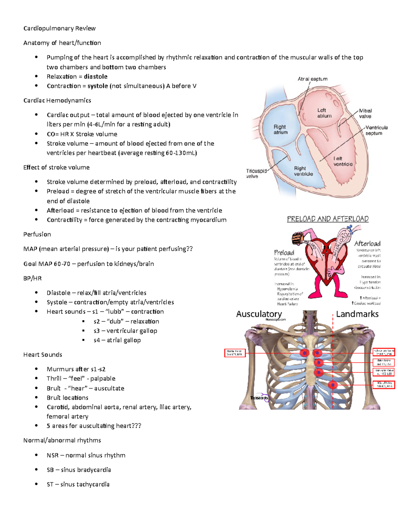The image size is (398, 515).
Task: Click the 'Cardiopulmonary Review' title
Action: tap(59, 29)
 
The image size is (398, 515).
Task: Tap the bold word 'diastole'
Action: tap(96, 77)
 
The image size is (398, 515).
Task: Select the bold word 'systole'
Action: tap(98, 86)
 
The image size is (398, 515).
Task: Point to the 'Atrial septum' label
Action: tap(312, 79)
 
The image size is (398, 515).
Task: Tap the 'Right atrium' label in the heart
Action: tap(280, 129)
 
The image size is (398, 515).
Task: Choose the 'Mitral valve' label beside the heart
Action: tap(365, 113)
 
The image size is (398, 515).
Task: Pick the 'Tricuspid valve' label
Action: tap(256, 173)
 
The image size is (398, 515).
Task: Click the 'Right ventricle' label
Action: tap(303, 171)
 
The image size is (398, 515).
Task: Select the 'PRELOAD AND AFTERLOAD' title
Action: tap(328, 219)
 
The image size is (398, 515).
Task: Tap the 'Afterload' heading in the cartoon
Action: tap(367, 243)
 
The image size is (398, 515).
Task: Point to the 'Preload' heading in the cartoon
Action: tap(284, 253)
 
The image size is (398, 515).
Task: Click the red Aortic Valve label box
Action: tap(235, 353)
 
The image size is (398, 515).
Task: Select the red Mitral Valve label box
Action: tap(384, 385)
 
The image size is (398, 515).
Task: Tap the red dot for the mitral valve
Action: tap(333, 385)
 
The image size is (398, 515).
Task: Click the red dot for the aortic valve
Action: tap(304, 353)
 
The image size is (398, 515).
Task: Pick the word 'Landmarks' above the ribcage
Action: tap(357, 314)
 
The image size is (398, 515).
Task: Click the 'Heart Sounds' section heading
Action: tap(43, 355)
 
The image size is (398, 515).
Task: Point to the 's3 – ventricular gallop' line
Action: tap(125, 331)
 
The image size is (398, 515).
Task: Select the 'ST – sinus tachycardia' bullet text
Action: tap(78, 484)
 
